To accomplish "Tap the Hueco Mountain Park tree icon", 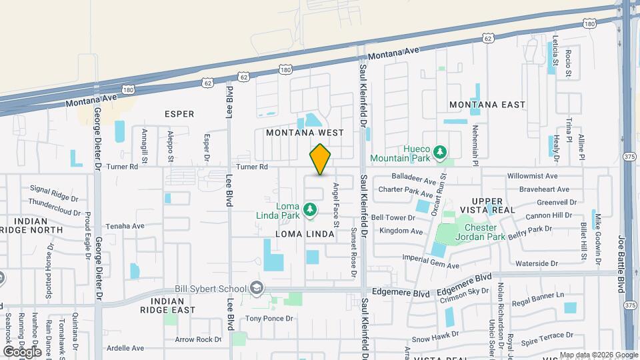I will [439, 153].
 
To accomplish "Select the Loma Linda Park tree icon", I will [310, 210].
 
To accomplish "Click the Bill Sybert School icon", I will [256, 288].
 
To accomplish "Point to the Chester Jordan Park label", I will [480, 232].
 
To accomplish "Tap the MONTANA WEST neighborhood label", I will [305, 133].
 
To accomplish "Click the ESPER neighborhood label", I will [179, 114].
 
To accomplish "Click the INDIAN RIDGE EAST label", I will [168, 305].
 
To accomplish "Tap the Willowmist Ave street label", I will [532, 176].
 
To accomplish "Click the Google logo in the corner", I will [22, 351].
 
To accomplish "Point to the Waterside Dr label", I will [536, 263].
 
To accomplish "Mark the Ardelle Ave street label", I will [125, 348].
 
